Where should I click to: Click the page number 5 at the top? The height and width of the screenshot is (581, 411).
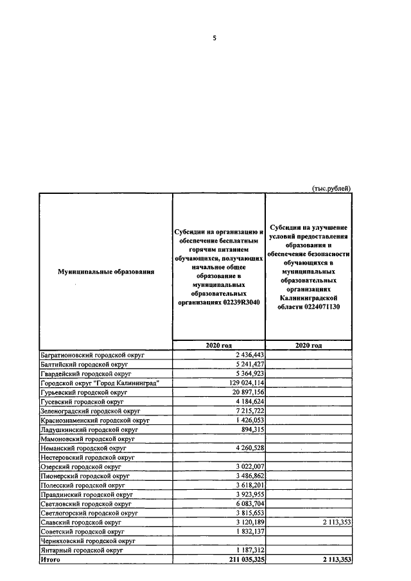[x=214, y=38]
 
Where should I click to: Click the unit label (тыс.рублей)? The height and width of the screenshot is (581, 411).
[x=331, y=188]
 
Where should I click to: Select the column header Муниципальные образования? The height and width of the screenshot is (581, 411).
[x=106, y=272]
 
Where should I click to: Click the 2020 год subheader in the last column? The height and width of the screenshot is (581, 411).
[x=308, y=345]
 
